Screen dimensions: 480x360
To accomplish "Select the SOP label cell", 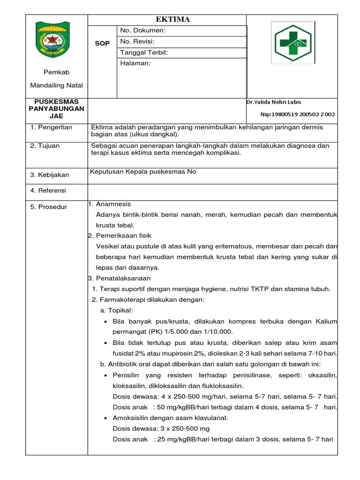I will pyautogui.click(x=102, y=43).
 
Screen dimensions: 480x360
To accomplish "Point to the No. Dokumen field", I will pyautogui.click(x=143, y=30).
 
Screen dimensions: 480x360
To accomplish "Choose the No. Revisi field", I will pyautogui.click(x=137, y=41).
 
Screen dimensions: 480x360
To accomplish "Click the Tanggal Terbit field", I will pyautogui.click(x=144, y=52).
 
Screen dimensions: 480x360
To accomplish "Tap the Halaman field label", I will pyautogui.click(x=135, y=64).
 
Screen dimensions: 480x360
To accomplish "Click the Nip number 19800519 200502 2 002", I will pyautogui.click(x=298, y=114).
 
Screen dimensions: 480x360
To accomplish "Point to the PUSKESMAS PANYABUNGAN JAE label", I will pyautogui.click(x=56, y=109).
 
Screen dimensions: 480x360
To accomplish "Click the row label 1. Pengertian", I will pyautogui.click(x=52, y=127).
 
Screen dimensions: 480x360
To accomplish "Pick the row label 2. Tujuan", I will pyautogui.click(x=45, y=146).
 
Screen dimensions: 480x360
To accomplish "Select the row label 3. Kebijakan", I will pyautogui.click(x=50, y=175).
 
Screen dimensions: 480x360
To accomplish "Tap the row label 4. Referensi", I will pyautogui.click(x=48, y=190).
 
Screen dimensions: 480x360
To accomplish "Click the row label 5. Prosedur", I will pyautogui.click(x=49, y=207).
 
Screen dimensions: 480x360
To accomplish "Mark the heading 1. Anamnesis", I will pyautogui.click(x=110, y=204).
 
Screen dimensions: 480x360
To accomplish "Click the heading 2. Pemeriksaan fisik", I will pyautogui.click(x=120, y=235).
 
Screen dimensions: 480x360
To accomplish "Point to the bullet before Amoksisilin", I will pyautogui.click(x=107, y=418).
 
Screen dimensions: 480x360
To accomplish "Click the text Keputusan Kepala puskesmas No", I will pyautogui.click(x=143, y=172).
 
